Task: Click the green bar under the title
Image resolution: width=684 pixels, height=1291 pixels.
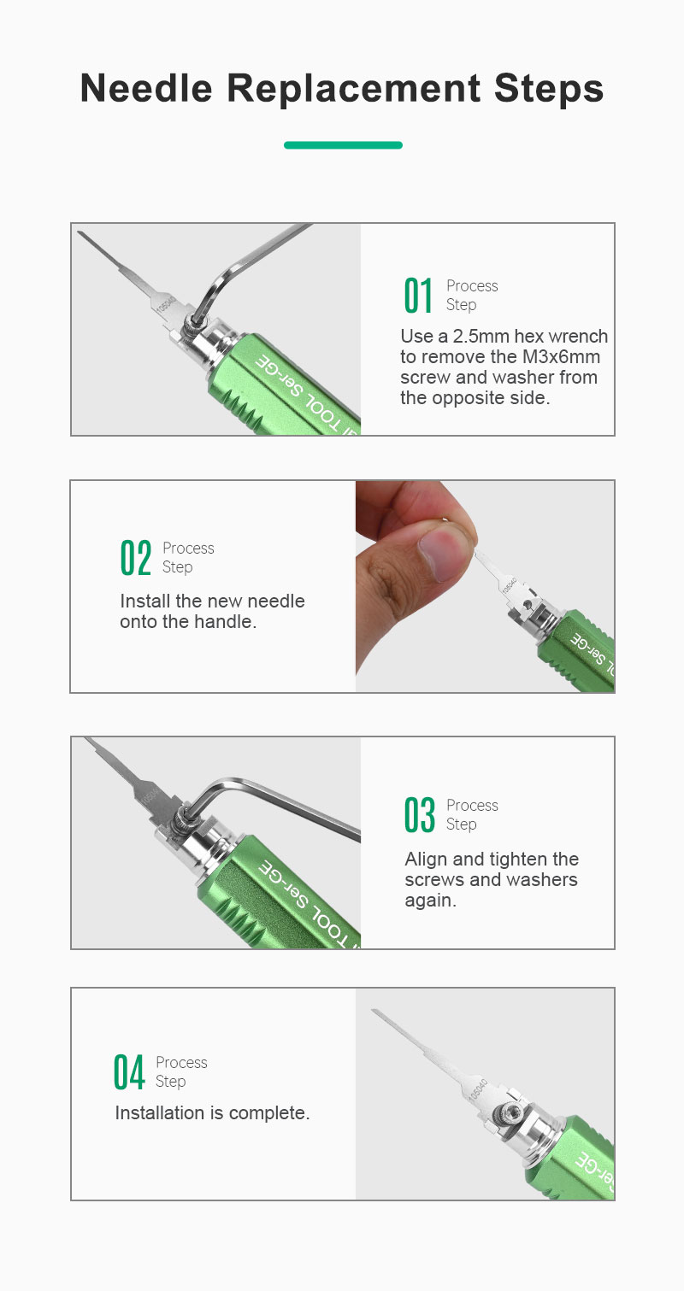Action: pos(343,145)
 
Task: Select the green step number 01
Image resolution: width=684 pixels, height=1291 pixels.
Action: pos(418,296)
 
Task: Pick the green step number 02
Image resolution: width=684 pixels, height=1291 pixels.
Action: pos(136,558)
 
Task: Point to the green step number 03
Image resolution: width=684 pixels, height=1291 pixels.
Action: pos(420,815)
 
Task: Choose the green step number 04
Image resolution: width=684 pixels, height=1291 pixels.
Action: pos(129,1072)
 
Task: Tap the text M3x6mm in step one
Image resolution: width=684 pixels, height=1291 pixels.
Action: pos(561,357)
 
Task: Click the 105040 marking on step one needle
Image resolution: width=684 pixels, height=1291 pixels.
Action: pos(166,306)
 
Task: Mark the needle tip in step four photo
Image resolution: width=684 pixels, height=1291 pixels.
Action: pos(373,1010)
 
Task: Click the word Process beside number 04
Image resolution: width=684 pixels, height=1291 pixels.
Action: pos(181,1062)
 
